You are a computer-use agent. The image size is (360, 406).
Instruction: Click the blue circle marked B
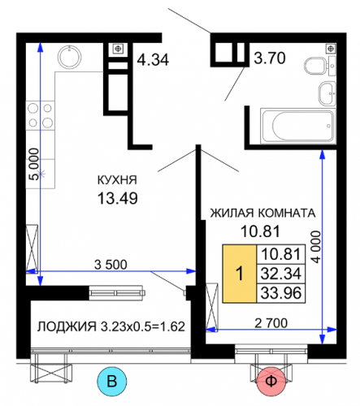pyautogui.click(x=112, y=381)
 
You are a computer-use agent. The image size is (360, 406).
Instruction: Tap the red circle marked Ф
pyautogui.click(x=271, y=381)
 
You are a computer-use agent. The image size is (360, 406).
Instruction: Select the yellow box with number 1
pyautogui.click(x=240, y=274)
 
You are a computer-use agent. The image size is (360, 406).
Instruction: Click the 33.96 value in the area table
pyautogui.click(x=281, y=293)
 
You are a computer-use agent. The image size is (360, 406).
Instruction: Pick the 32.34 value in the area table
pyautogui.click(x=281, y=274)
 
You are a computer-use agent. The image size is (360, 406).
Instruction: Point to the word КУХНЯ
pyautogui.click(x=117, y=180)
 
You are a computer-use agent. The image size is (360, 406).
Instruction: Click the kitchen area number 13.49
pyautogui.click(x=118, y=198)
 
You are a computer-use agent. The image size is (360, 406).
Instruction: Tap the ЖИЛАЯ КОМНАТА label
pyautogui.click(x=263, y=213)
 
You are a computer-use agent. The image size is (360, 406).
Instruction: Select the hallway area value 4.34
pyautogui.click(x=153, y=59)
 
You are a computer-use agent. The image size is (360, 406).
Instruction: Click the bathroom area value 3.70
pyautogui.click(x=270, y=58)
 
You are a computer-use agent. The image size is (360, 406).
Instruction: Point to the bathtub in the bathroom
pyautogui.click(x=298, y=126)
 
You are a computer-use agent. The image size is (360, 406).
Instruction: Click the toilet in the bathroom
pyautogui.click(x=314, y=66)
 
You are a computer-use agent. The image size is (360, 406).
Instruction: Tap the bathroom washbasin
pyautogui.click(x=327, y=93)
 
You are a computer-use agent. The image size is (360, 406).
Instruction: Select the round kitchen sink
pyautogui.click(x=70, y=57)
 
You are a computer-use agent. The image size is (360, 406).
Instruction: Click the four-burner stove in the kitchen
pyautogui.click(x=40, y=115)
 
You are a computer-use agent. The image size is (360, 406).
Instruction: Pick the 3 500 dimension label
pyautogui.click(x=111, y=265)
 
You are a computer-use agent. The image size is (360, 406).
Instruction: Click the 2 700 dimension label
pyautogui.click(x=271, y=323)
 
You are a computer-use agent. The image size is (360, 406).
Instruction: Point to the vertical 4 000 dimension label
pyautogui.click(x=316, y=247)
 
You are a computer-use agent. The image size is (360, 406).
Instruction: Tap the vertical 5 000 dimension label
pyautogui.click(x=34, y=164)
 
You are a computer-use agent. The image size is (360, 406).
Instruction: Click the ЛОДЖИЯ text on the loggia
pyautogui.click(x=67, y=326)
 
